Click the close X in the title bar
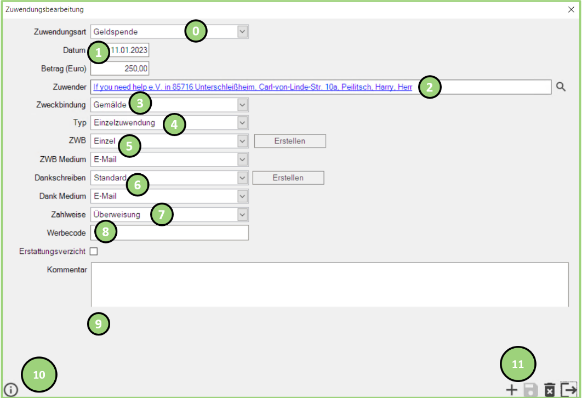tap(571, 9)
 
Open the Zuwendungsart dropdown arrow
tap(242, 32)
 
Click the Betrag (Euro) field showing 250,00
tap(120, 69)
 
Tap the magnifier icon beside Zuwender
tap(561, 87)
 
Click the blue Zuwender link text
tap(253, 87)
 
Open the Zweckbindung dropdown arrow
tap(242, 105)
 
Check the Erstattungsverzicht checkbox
tap(94, 251)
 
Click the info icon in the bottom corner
tap(11, 390)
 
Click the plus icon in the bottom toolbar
tap(511, 390)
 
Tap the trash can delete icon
tap(549, 390)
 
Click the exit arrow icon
tap(569, 390)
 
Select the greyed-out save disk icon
tap(530, 390)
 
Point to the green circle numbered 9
tap(98, 324)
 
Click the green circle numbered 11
tap(518, 364)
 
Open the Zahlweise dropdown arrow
tap(242, 214)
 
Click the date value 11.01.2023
tap(129, 50)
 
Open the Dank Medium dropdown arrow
tap(242, 196)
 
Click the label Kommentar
tap(67, 270)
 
